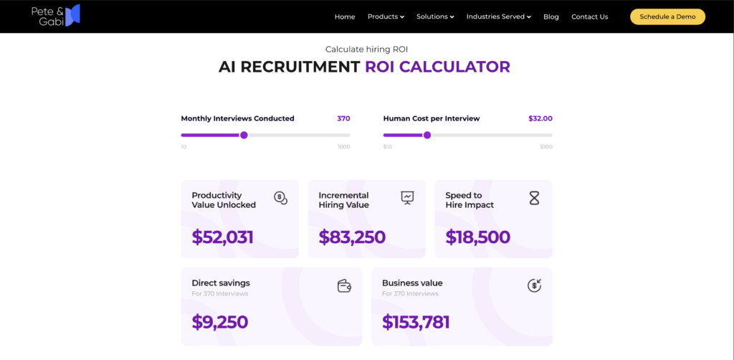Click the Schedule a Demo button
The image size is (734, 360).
point(667,17)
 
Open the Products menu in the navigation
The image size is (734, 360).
point(386,17)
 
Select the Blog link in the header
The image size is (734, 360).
point(551,17)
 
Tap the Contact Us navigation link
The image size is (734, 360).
point(590,17)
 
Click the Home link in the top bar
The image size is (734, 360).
point(345,17)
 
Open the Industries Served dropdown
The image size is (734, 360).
point(499,17)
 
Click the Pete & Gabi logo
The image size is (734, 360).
point(56,16)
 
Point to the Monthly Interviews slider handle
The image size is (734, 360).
point(244,136)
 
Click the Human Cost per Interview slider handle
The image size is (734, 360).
point(427,136)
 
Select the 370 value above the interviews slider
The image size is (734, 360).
point(343,118)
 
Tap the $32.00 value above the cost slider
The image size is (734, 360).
point(540,118)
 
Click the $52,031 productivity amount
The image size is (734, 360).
point(222,237)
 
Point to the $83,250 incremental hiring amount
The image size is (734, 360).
point(352,237)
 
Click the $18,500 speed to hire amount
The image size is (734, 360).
point(477,237)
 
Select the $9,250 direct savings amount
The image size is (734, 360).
point(219,321)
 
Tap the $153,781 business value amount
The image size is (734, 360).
point(416,321)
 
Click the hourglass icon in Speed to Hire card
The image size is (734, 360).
point(534,198)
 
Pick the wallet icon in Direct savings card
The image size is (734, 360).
point(344,285)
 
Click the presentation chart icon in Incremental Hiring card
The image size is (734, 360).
point(408,198)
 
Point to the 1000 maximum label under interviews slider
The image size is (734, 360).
point(343,147)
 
